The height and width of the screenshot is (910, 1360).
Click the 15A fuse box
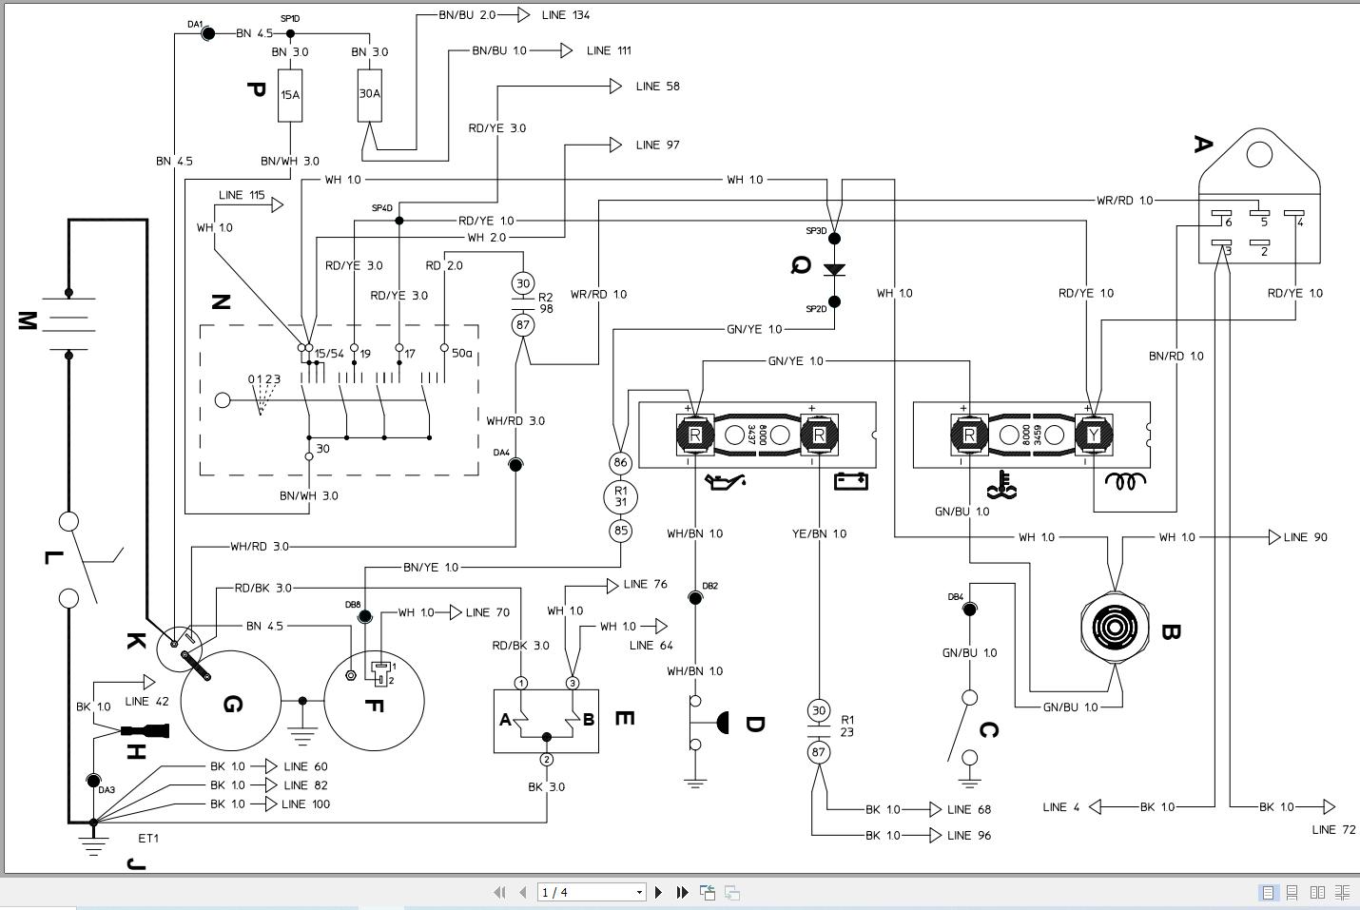pos(290,95)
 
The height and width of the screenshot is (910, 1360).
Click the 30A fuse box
pos(370,94)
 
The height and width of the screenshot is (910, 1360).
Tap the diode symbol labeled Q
pos(834,270)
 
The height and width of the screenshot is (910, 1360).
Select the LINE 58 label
pos(657,87)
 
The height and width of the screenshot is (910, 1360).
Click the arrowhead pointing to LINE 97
pos(615,145)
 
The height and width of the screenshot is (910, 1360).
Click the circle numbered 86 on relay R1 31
pos(620,463)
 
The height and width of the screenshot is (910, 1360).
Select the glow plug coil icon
pos(1124,482)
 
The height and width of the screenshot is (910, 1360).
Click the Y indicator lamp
pos(1094,436)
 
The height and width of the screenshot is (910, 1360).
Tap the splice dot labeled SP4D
pos(399,221)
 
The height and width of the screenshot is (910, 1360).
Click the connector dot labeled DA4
pos(515,465)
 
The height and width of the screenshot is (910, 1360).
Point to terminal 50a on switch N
pos(444,348)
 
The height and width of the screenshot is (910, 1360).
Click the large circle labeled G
pos(231,702)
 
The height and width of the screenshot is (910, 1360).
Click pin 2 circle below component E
pos(547,759)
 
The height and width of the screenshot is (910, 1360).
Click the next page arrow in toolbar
pos(658,892)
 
